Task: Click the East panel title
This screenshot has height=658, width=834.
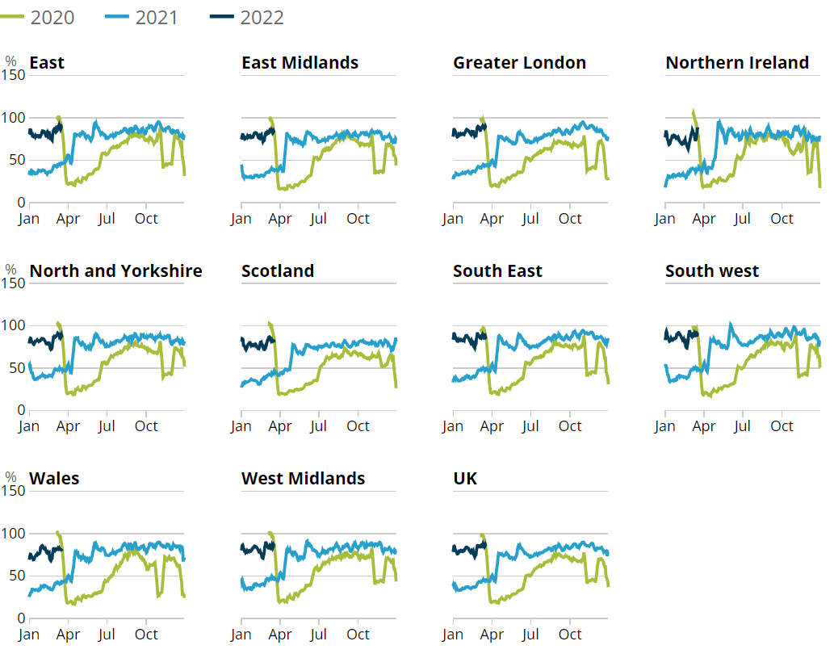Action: pos(47,63)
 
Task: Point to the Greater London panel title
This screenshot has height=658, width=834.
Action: pos(519,63)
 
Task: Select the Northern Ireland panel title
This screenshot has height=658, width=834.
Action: pos(736,63)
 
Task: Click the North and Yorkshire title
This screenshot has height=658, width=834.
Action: pos(115,270)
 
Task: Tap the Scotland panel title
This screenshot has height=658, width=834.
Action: pos(278,270)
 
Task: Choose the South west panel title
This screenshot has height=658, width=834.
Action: pos(711,270)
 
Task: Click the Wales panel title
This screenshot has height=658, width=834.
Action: pos(54,479)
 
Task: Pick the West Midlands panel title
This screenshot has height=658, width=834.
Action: pos(303,479)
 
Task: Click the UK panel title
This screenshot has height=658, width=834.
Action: pos(465,479)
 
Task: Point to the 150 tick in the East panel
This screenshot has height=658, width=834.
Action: pos(15,75)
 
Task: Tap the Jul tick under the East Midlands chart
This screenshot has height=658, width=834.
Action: pos(318,219)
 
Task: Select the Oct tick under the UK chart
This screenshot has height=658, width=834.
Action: pos(570,635)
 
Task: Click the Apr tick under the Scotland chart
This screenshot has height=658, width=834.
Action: pos(280,426)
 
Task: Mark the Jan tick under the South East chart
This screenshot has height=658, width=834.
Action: pos(453,426)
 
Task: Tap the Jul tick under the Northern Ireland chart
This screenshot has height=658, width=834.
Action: pos(742,219)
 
